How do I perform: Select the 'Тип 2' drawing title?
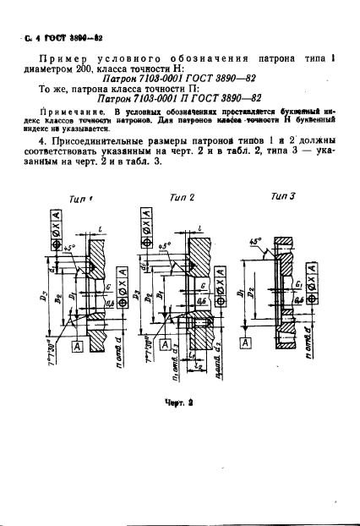pyautogui.click(x=182, y=197)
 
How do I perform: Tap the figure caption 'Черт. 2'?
pyautogui.click(x=179, y=404)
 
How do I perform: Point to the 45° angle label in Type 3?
pyautogui.click(x=255, y=238)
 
